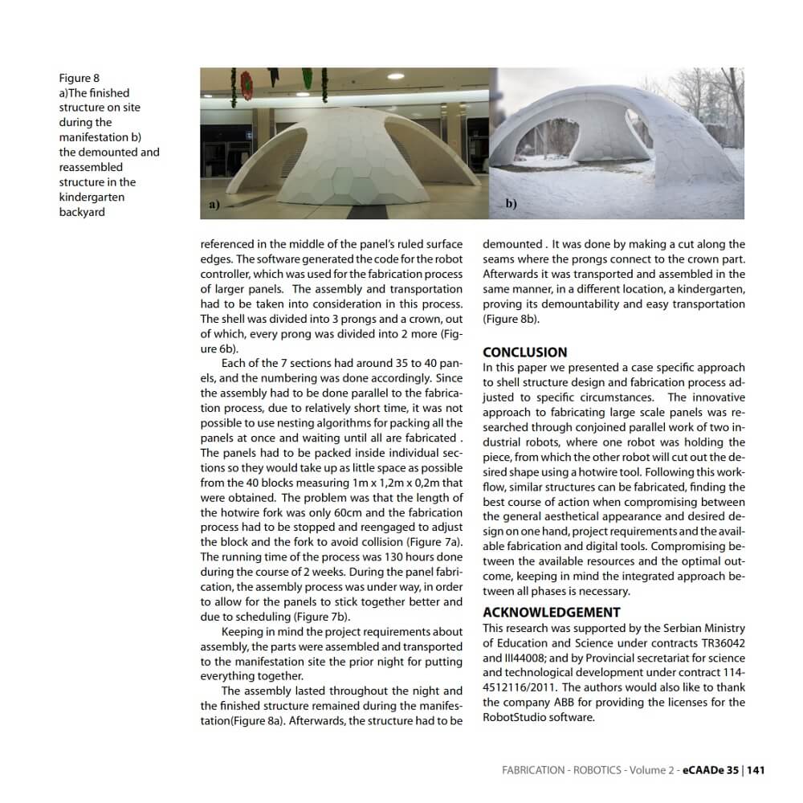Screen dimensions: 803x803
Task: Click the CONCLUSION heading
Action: (524, 352)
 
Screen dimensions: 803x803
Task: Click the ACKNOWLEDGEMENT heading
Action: (552, 612)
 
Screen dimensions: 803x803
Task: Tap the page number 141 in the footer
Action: (755, 769)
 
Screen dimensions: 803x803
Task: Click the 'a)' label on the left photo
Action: (214, 205)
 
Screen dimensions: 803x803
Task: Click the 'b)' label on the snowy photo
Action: (511, 204)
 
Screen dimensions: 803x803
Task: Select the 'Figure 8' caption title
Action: (79, 78)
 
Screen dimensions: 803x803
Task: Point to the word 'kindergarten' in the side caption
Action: (92, 197)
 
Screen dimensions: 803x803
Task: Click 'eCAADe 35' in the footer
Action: (710, 769)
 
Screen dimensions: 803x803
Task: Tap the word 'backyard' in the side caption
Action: (82, 212)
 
